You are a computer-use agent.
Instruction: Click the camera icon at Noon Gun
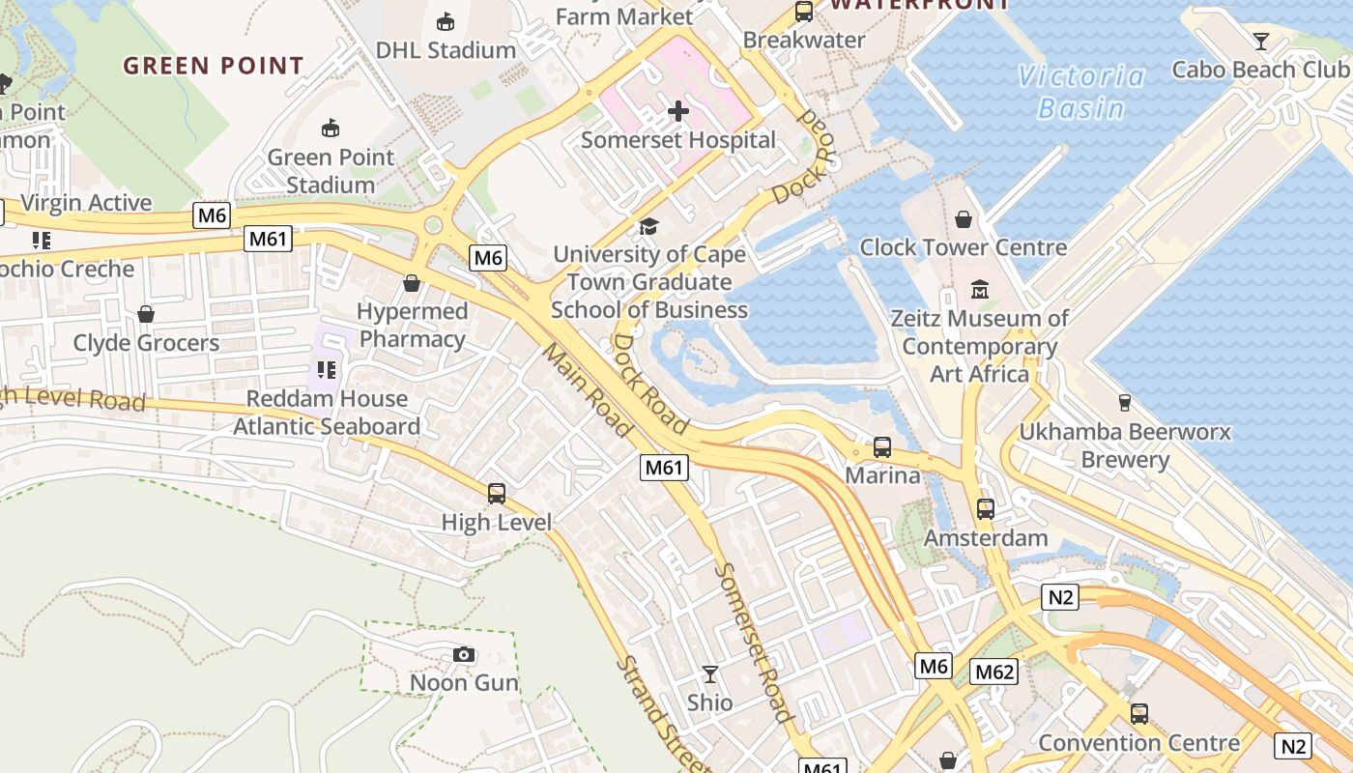coord(464,655)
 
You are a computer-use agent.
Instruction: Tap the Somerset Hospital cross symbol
coord(678,111)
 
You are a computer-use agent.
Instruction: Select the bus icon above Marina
coord(881,447)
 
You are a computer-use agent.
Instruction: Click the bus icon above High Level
coord(497,494)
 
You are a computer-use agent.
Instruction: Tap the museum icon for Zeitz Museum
coord(980,289)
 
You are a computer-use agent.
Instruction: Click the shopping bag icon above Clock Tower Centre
coord(964,219)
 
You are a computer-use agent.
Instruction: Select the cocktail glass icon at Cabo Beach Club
coord(1260,41)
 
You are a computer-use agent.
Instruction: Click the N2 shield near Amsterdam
coord(1061,597)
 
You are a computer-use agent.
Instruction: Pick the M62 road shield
coord(994,672)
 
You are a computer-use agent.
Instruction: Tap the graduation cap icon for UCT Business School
coord(648,227)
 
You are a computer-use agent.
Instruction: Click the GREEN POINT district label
coord(214,66)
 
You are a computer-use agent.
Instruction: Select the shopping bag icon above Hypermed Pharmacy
coord(412,283)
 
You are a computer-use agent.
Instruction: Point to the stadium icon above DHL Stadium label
coord(446,21)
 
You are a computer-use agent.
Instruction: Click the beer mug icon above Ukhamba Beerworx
coord(1124,402)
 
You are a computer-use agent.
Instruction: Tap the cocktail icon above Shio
coord(710,673)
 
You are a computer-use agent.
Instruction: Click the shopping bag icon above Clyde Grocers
coord(146,314)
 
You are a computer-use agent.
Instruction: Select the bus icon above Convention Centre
coord(1139,714)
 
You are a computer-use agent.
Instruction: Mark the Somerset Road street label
coord(753,643)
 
